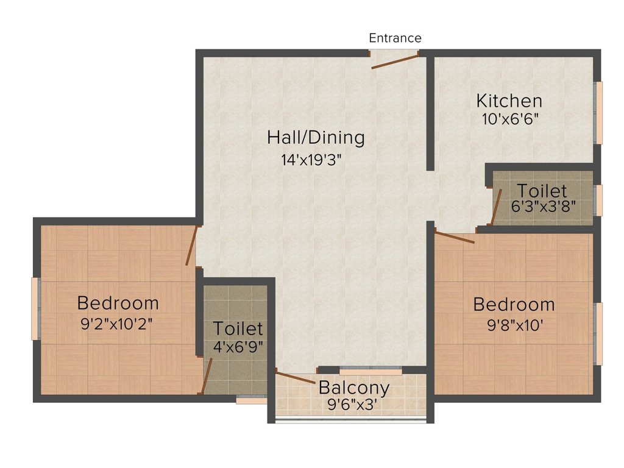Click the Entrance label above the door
tap(395, 38)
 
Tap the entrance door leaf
tap(395, 62)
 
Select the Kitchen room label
tap(509, 101)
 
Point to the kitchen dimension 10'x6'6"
tap(510, 119)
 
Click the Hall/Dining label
tap(316, 138)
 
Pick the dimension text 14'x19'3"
tap(311, 160)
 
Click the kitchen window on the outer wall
tap(598, 113)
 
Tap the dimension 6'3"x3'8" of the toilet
tap(543, 206)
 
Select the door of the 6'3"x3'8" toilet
tap(495, 207)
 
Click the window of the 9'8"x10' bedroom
tap(598, 333)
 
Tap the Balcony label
tap(354, 388)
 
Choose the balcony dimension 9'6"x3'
tap(352, 405)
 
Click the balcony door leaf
tap(296, 378)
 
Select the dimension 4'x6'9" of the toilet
tap(238, 347)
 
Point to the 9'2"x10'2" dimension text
tap(116, 324)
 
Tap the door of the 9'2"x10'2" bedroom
tap(191, 246)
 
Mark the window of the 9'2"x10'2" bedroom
tap(35, 309)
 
